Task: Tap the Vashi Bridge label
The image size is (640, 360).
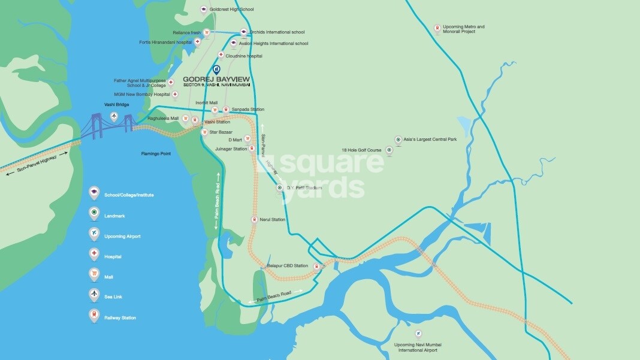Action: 117,104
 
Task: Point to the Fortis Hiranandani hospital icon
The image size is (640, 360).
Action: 198,43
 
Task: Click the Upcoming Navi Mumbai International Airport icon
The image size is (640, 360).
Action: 419,334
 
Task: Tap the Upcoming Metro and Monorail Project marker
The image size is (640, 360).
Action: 437,29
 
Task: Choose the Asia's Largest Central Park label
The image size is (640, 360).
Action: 430,139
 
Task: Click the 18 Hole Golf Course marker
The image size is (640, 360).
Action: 389,150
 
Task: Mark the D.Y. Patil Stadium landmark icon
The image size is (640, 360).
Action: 279,189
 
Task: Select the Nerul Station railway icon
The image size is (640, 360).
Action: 254,220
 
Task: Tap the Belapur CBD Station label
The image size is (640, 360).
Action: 287,265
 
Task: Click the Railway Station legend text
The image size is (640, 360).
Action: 120,317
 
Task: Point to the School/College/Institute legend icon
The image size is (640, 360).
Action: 93,193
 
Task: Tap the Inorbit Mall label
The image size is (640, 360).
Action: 206,102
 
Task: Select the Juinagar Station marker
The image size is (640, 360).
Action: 252,149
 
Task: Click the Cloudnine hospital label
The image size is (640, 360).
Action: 244,56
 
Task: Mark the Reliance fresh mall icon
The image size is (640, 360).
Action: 207,32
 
